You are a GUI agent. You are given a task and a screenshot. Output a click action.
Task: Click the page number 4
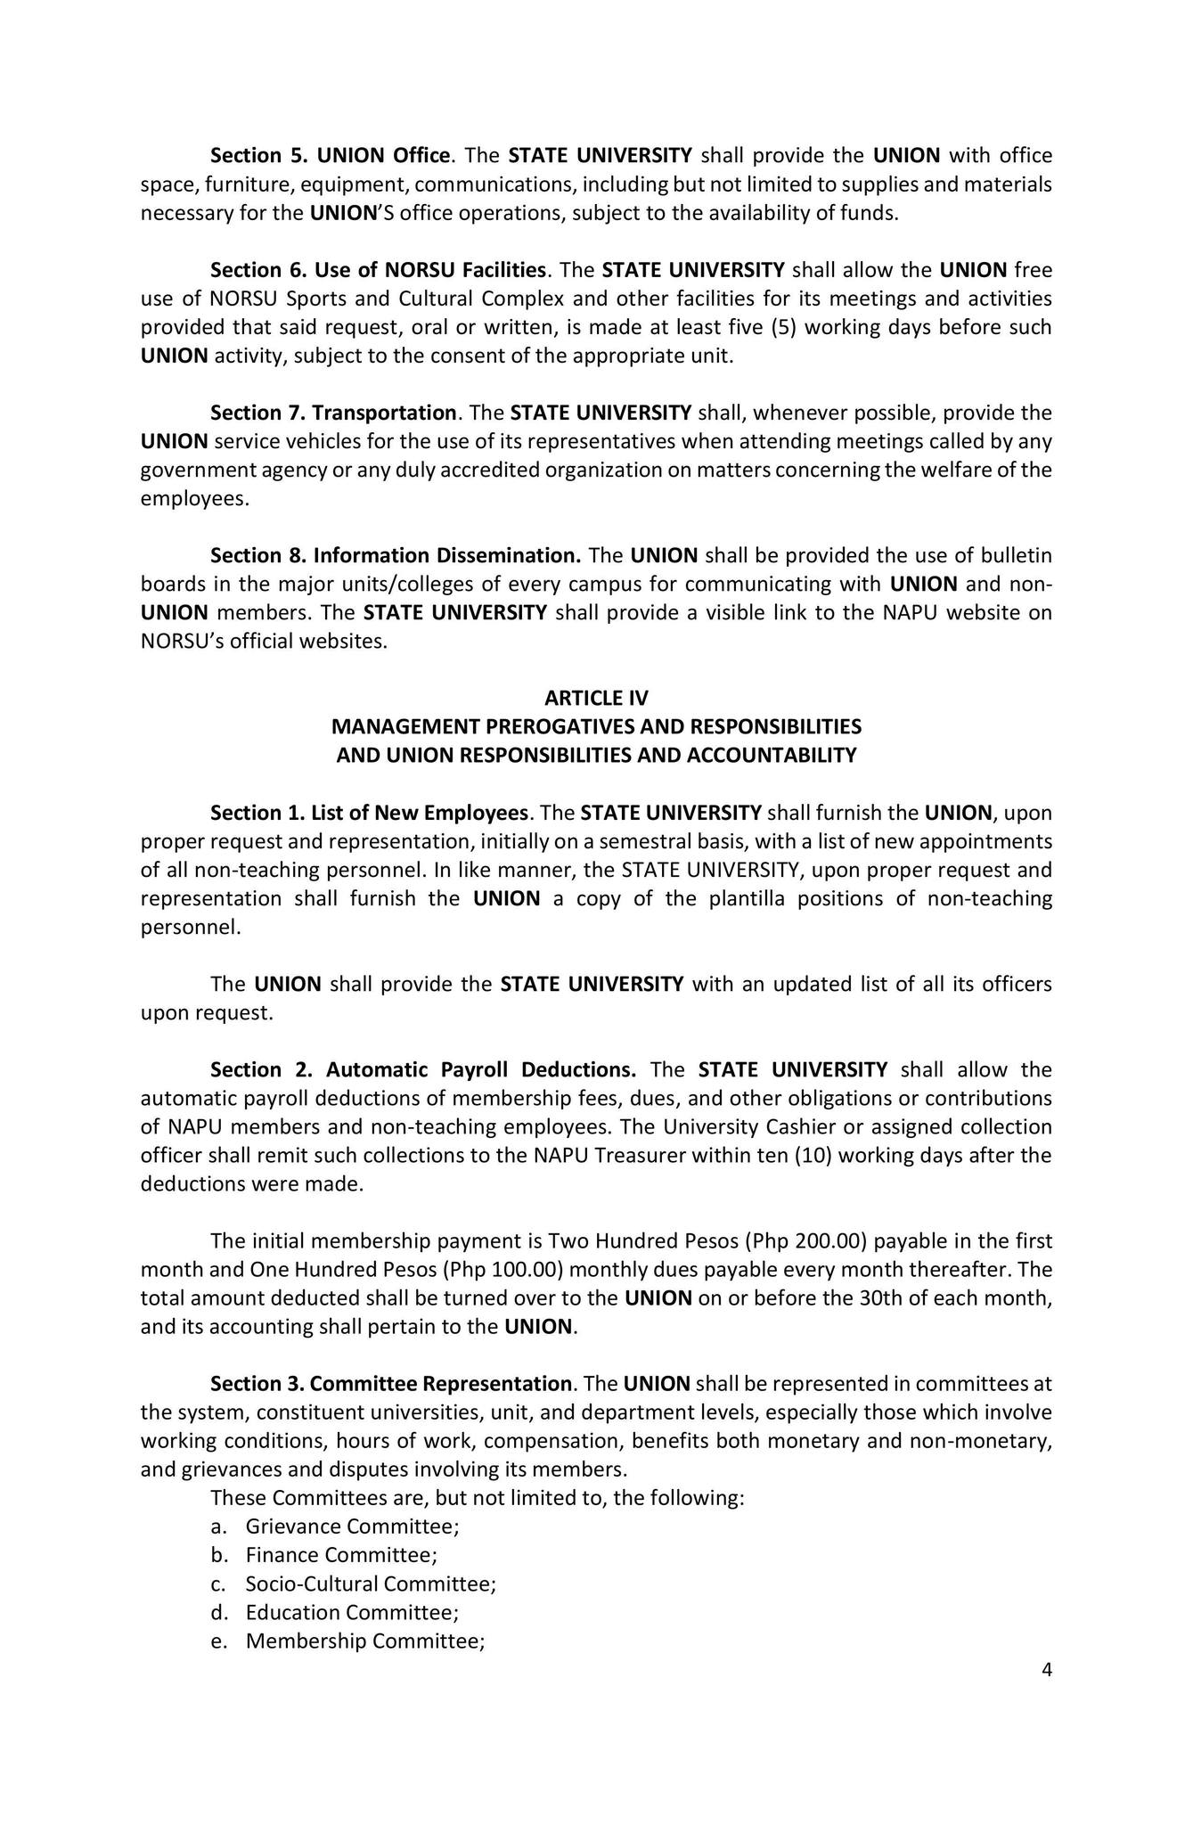click(1047, 1670)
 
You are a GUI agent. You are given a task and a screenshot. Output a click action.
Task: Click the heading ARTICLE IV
click(596, 698)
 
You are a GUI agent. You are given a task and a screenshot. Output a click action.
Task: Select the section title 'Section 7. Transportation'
click(333, 413)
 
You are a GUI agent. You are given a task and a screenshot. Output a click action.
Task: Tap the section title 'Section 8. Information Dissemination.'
click(396, 555)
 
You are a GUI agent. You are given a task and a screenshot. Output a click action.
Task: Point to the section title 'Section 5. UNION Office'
click(330, 155)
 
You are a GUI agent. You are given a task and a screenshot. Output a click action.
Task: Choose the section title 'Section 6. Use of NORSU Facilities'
click(377, 269)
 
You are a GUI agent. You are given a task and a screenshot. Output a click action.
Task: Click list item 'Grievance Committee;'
click(352, 1526)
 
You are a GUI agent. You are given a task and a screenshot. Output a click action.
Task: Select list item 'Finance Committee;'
click(341, 1555)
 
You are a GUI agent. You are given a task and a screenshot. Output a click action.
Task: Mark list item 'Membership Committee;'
click(364, 1641)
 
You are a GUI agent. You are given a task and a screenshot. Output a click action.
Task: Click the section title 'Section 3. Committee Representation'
click(390, 1383)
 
